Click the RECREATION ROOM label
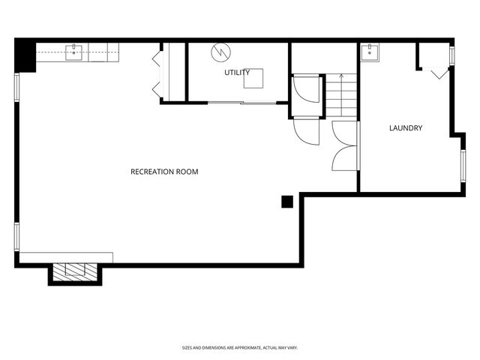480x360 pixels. (164, 172)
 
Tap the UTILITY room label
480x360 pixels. (237, 73)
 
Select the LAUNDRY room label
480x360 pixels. (406, 128)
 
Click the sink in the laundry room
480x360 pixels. (370, 52)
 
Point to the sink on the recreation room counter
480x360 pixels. (73, 52)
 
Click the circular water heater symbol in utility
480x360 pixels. (220, 52)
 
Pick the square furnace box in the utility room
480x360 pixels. (253, 78)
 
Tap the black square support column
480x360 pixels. (287, 202)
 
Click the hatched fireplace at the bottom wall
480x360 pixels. (75, 272)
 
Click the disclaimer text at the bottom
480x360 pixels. (240, 348)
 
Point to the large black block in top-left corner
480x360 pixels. (25, 55)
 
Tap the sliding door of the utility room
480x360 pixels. (242, 103)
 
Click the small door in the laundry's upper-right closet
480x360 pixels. (440, 74)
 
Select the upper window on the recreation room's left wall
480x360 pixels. (17, 87)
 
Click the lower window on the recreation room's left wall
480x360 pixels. (17, 237)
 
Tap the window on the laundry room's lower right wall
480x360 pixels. (463, 166)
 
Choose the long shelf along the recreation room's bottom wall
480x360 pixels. (66, 257)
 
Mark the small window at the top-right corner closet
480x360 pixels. (451, 55)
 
